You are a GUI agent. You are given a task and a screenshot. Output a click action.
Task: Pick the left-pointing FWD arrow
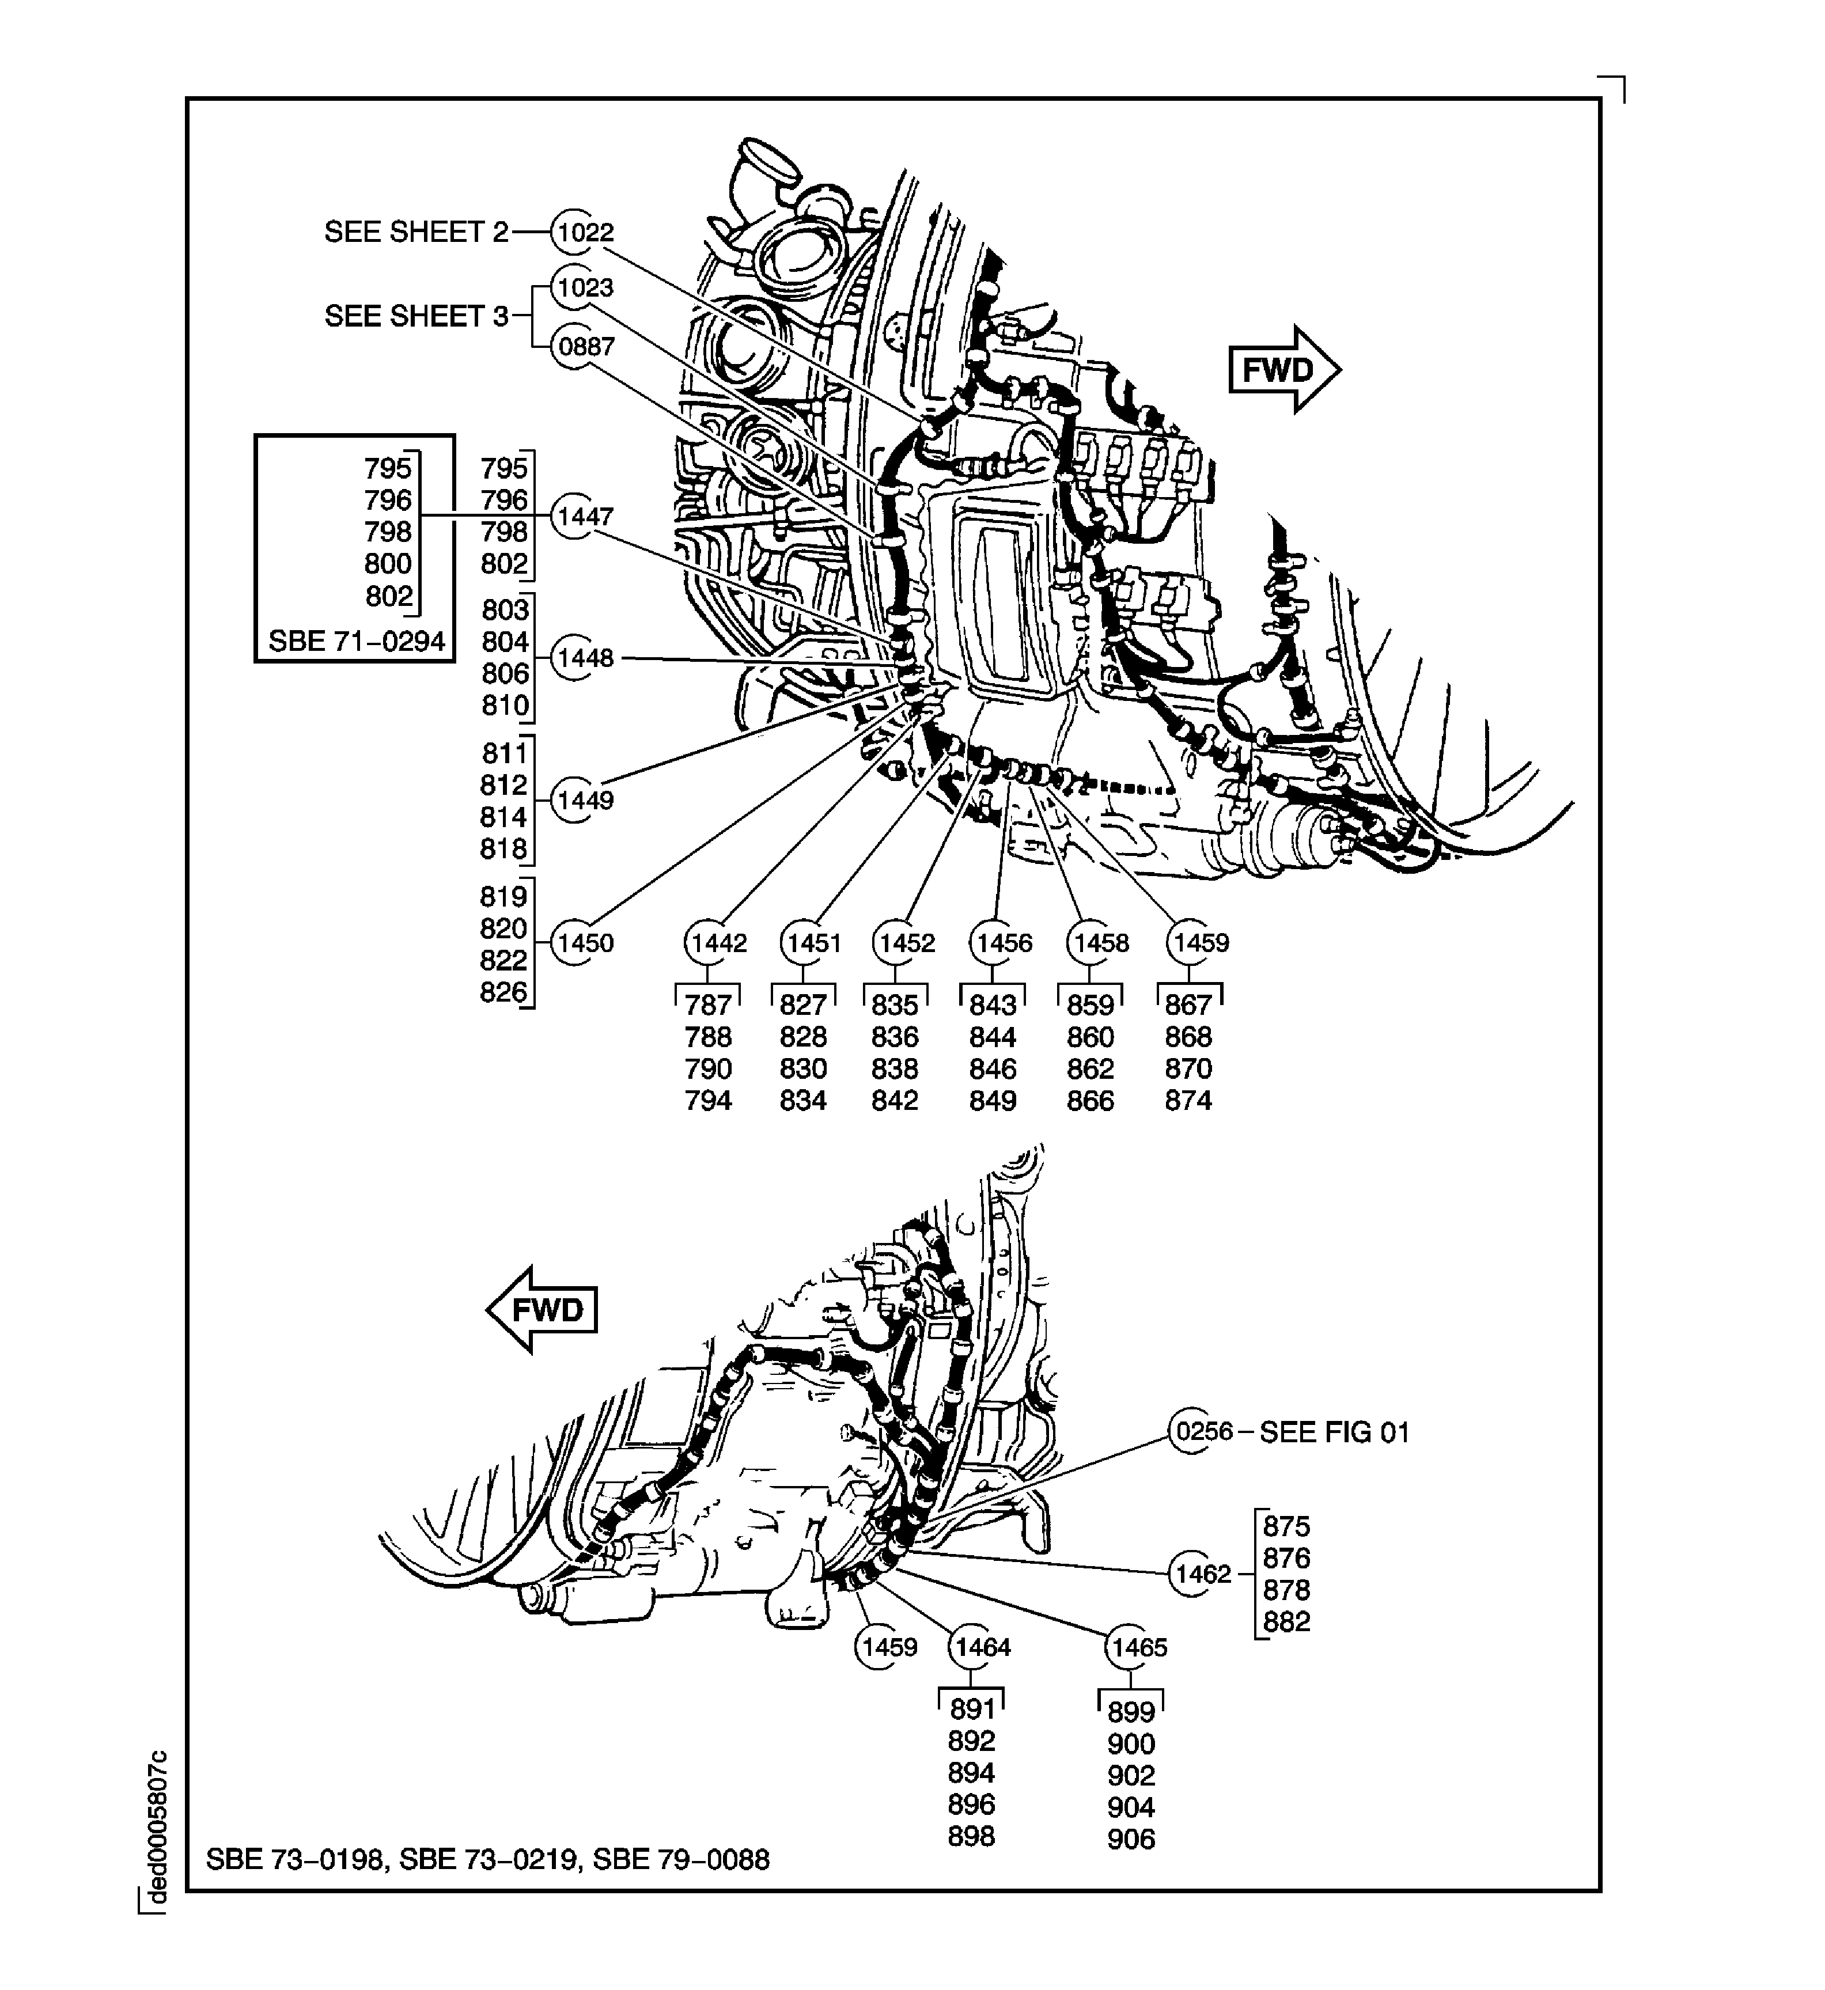point(543,1310)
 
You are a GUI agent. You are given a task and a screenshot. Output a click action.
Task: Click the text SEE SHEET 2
point(416,233)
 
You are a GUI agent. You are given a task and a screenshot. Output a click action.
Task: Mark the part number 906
point(1131,1839)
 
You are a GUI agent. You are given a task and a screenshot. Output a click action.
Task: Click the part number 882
point(1286,1621)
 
